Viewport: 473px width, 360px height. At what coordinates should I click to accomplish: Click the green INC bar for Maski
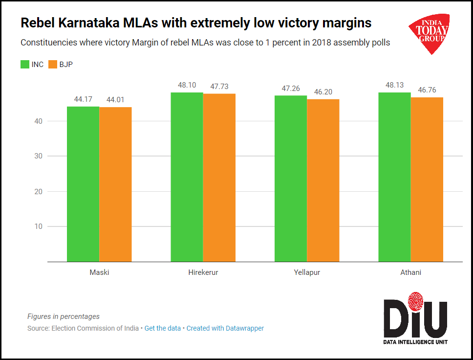click(x=83, y=184)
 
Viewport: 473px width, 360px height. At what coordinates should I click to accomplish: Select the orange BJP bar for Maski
click(x=115, y=184)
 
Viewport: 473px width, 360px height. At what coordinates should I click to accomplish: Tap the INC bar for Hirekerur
click(x=187, y=177)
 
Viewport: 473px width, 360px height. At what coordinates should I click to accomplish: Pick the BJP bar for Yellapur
click(x=323, y=180)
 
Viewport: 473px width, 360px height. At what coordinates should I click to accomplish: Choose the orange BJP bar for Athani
click(x=427, y=180)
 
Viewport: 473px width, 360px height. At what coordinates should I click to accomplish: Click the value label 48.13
click(x=394, y=85)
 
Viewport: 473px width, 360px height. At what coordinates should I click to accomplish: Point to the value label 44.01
click(x=116, y=100)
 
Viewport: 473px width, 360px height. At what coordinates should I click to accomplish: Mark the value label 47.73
click(x=219, y=86)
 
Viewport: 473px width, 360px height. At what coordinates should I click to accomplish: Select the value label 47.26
click(x=291, y=88)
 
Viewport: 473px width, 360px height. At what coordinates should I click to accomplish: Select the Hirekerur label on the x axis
click(x=203, y=272)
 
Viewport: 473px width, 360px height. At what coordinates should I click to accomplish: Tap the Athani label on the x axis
click(x=410, y=272)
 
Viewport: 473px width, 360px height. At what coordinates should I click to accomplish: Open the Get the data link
click(x=163, y=329)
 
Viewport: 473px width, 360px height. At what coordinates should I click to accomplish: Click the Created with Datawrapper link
click(x=225, y=329)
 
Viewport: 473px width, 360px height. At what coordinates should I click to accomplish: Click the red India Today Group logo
click(x=430, y=33)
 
